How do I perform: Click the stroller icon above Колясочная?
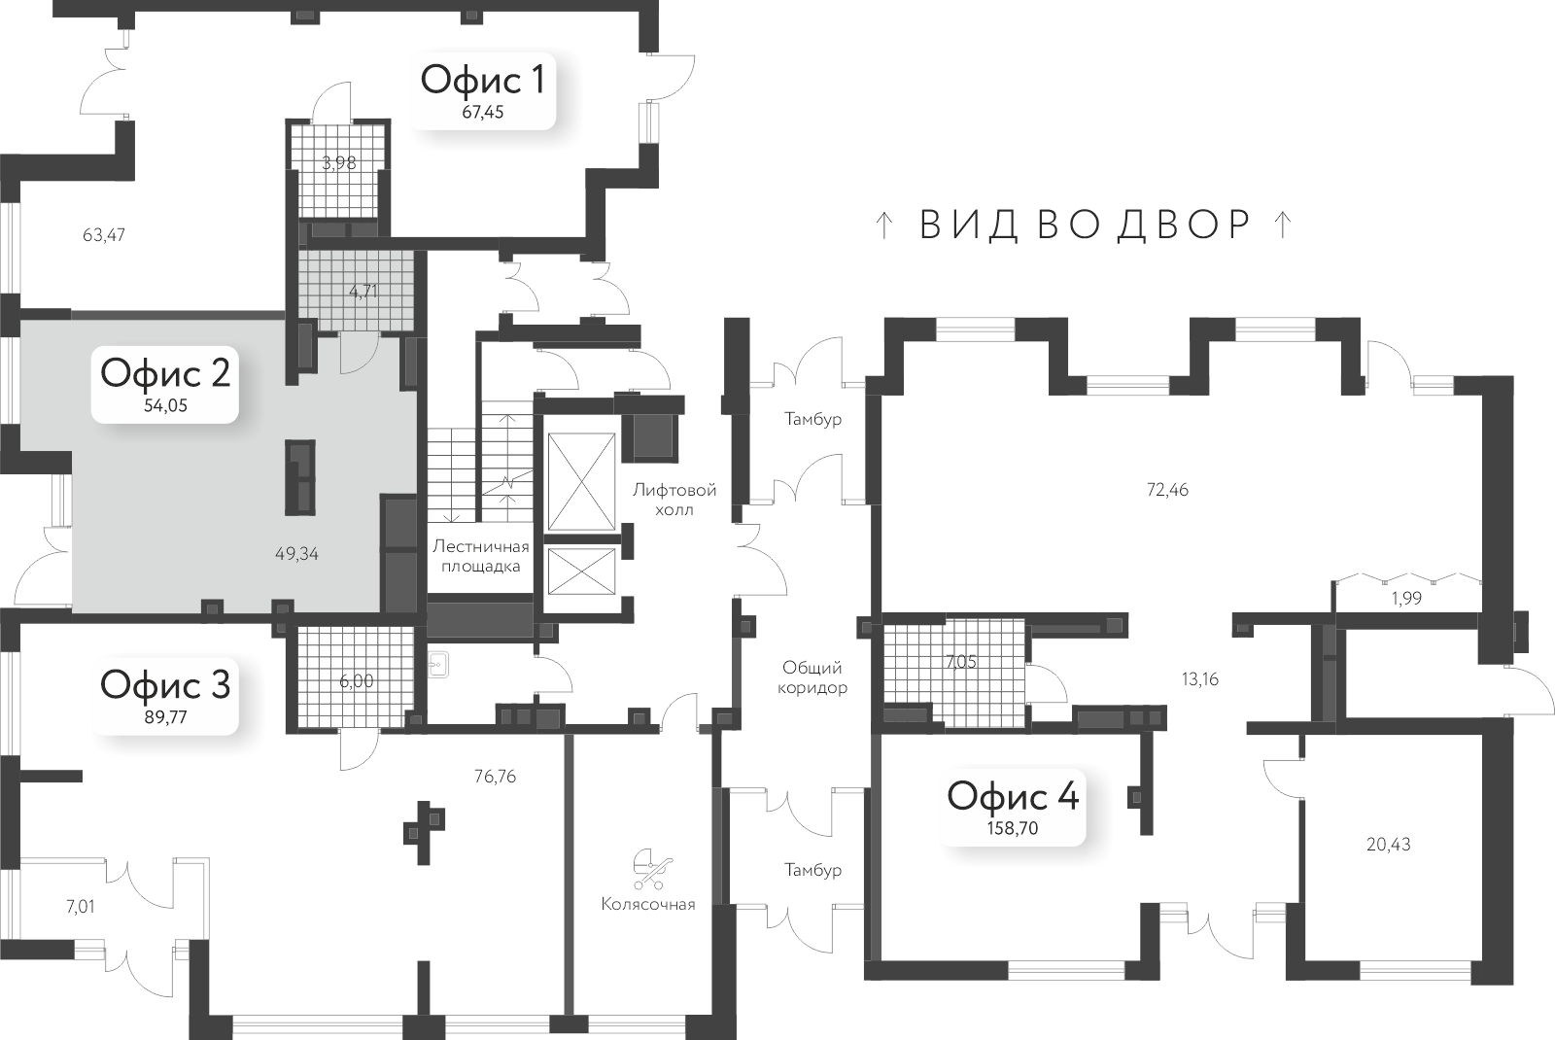pyautogui.click(x=648, y=869)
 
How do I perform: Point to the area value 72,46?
pyautogui.click(x=1167, y=489)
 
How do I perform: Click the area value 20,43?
pyautogui.click(x=1388, y=844)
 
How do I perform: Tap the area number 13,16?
pyautogui.click(x=1199, y=678)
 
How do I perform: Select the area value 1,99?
pyautogui.click(x=1405, y=599)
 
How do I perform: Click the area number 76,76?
pyautogui.click(x=494, y=776)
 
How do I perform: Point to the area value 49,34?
pyautogui.click(x=297, y=554)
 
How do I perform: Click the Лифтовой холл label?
pyautogui.click(x=674, y=500)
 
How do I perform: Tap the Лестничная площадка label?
pyautogui.click(x=481, y=556)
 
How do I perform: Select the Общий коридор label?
pyautogui.click(x=814, y=677)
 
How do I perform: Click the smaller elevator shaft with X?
pyautogui.click(x=582, y=571)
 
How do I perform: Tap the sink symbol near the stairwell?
pyautogui.click(x=438, y=663)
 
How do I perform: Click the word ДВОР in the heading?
pyautogui.click(x=1186, y=225)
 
